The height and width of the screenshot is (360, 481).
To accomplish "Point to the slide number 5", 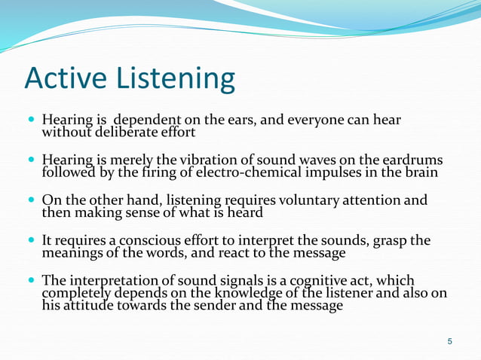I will [x=450, y=343].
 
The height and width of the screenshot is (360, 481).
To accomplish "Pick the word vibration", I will [x=203, y=160].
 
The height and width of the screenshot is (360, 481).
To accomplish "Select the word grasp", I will [x=389, y=240].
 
